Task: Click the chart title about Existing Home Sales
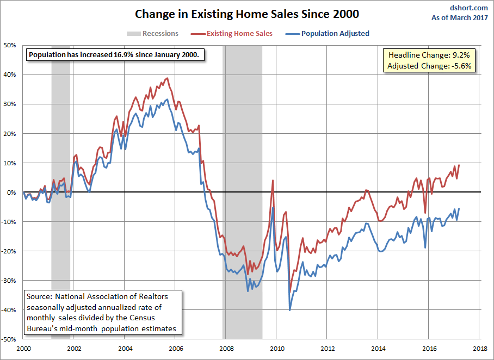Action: pos(246,13)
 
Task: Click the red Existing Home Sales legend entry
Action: pos(239,33)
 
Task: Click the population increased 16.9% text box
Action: pos(116,55)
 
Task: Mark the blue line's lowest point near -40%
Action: pos(289,311)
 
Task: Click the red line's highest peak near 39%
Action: pos(167,78)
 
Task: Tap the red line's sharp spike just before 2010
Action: pos(273,180)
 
